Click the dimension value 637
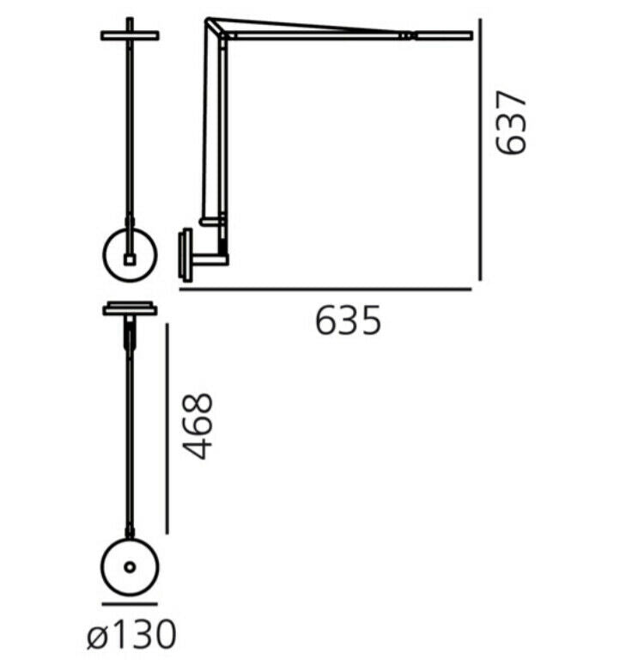(513, 123)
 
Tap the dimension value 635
(347, 321)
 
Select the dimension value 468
(199, 426)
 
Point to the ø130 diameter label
(131, 636)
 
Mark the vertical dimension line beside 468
(167, 427)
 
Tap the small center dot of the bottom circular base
(130, 567)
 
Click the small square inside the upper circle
(130, 258)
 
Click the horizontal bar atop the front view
(130, 35)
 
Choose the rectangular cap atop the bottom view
(130, 308)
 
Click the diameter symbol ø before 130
(97, 636)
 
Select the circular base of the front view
(130, 253)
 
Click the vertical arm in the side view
(210, 129)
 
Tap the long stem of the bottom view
(130, 430)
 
